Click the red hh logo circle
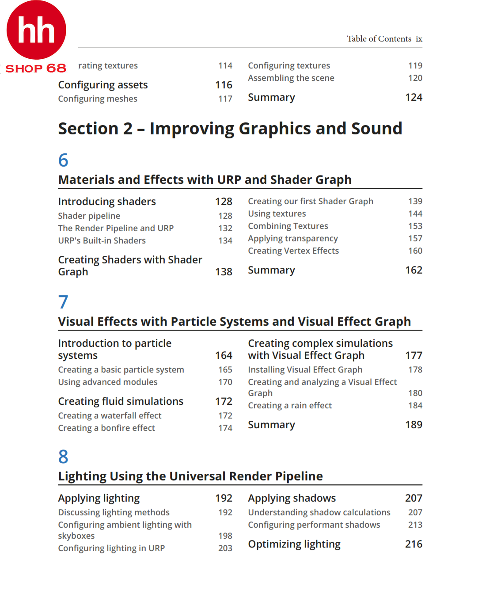coord(36,30)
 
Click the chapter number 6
coord(63,160)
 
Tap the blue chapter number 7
coord(63,302)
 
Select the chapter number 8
coord(63,457)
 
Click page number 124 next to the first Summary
coord(414,97)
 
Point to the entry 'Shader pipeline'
coord(89,216)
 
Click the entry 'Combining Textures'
coord(288,226)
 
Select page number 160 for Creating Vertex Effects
coord(415,251)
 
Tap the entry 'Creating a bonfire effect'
coord(106,428)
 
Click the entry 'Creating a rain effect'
coord(289,405)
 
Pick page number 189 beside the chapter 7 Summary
coord(414,425)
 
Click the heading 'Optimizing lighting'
coord(294,544)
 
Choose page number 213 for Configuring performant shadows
coord(415,525)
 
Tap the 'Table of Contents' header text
coord(379,39)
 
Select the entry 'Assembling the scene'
coord(291,78)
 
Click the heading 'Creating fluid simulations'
coord(121,401)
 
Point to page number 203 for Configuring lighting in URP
coord(225,548)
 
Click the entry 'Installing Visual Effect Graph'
coord(305,369)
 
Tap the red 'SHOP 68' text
coord(35,69)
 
